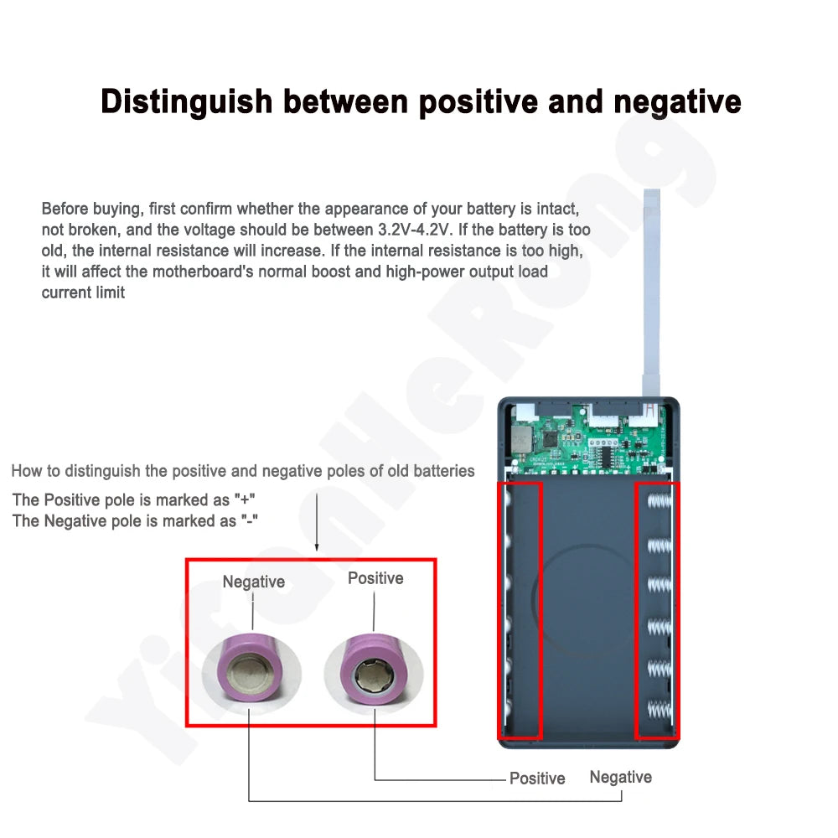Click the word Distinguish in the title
(187, 102)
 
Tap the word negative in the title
(677, 102)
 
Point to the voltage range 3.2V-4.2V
(414, 230)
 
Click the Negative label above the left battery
(254, 582)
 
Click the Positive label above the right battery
(375, 578)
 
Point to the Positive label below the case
(537, 779)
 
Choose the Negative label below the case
(620, 777)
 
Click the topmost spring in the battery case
(660, 501)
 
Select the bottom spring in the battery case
(660, 709)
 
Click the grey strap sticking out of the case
(651, 294)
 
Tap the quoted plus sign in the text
(245, 500)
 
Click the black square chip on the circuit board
(551, 440)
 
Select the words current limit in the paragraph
(83, 292)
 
